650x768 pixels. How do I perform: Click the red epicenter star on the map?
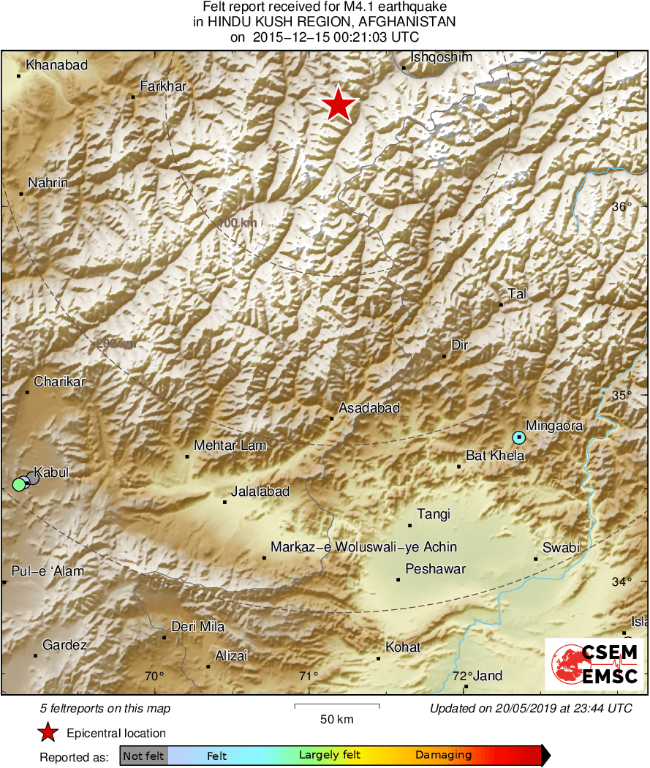pos(338,105)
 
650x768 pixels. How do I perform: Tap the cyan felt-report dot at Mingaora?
pos(518,437)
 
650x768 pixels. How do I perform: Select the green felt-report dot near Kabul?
pos(19,483)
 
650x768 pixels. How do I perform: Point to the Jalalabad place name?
pos(260,492)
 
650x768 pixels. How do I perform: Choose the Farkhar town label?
pos(163,86)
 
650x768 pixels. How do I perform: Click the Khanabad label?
pos(56,65)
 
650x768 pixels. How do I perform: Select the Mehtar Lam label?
pos(230,445)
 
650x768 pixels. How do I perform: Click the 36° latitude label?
pos(621,207)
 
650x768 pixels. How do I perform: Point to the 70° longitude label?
pos(154,676)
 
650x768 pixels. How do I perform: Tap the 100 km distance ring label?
pos(237,222)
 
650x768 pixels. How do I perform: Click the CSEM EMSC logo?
pos(594,664)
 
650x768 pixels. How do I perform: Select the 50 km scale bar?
pos(336,706)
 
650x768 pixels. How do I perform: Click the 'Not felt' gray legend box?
pos(143,756)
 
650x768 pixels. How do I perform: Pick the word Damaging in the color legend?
pos(443,756)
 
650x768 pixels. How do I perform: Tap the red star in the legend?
pos(48,733)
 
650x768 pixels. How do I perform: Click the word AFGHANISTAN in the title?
pos(404,22)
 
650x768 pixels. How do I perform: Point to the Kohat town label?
pos(403,647)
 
